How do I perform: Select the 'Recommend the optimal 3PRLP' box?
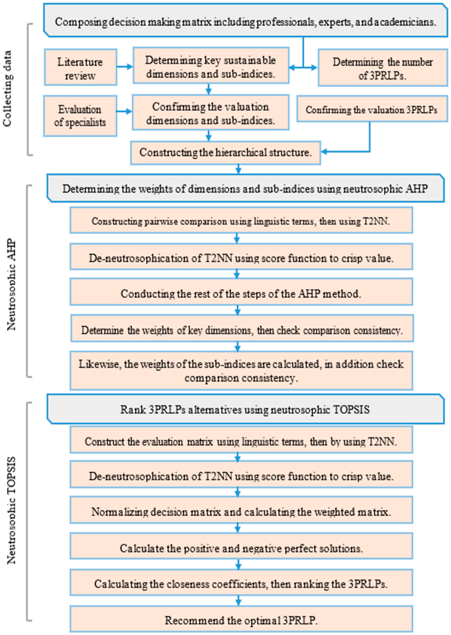coord(241,620)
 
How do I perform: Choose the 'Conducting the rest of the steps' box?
coord(241,294)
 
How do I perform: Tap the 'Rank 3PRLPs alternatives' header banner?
coord(245,409)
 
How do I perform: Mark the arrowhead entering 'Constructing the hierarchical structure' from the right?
coord(324,152)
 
